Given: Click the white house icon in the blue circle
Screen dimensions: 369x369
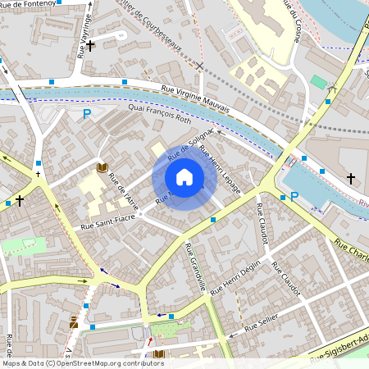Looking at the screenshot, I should coord(184,176).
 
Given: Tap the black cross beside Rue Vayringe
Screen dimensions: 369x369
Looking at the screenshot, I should coord(91,45).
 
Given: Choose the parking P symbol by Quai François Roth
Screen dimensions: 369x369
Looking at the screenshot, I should coord(86,115).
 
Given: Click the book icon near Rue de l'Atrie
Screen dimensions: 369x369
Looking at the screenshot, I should coord(102,167).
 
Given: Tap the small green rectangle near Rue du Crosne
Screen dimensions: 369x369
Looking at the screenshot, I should coord(318,82).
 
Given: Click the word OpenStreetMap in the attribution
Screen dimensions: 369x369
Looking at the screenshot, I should coord(87,362).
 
